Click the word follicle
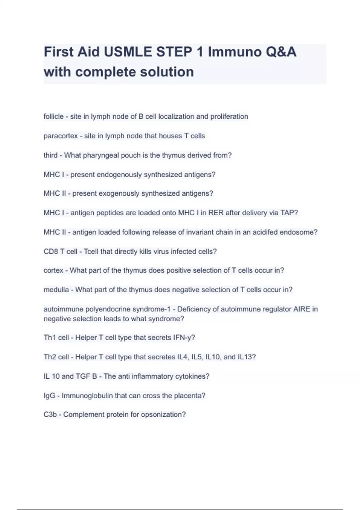point(53,116)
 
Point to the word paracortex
point(61,136)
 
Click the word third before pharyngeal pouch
point(50,155)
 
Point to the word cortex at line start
point(53,270)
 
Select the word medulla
point(56,290)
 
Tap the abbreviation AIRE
point(301,309)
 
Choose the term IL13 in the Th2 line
point(245,357)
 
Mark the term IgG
point(49,396)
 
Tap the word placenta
point(192,396)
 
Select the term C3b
point(50,415)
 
